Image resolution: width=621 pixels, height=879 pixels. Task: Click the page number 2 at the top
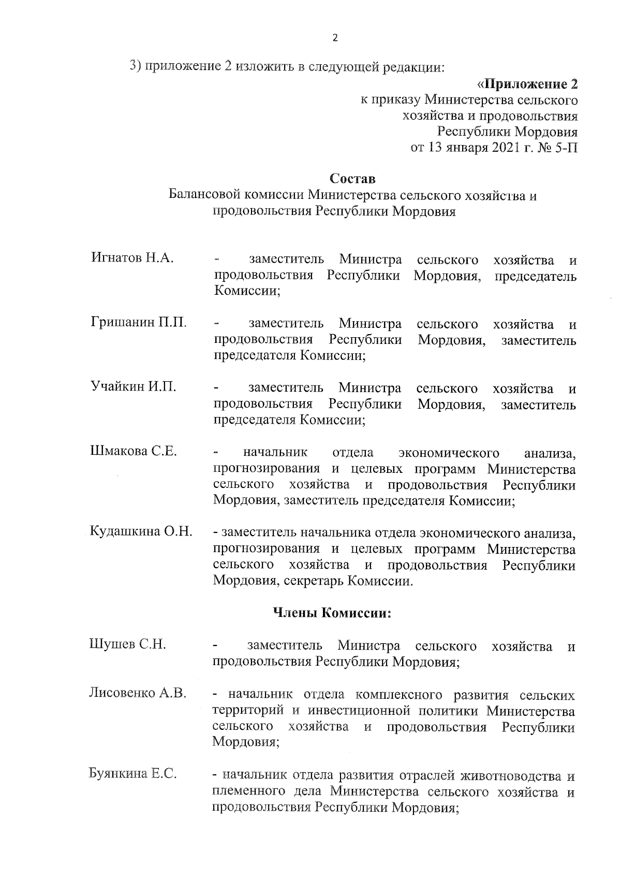(x=334, y=38)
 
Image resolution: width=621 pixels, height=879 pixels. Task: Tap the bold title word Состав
(x=352, y=179)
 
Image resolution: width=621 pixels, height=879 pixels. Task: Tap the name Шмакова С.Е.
(x=134, y=451)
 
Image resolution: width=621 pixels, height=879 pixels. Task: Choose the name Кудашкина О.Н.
(x=141, y=531)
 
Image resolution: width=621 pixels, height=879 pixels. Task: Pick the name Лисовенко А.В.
(x=138, y=693)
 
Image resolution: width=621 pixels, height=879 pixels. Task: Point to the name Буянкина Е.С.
(x=134, y=774)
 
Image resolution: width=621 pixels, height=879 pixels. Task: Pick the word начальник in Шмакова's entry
(x=275, y=453)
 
